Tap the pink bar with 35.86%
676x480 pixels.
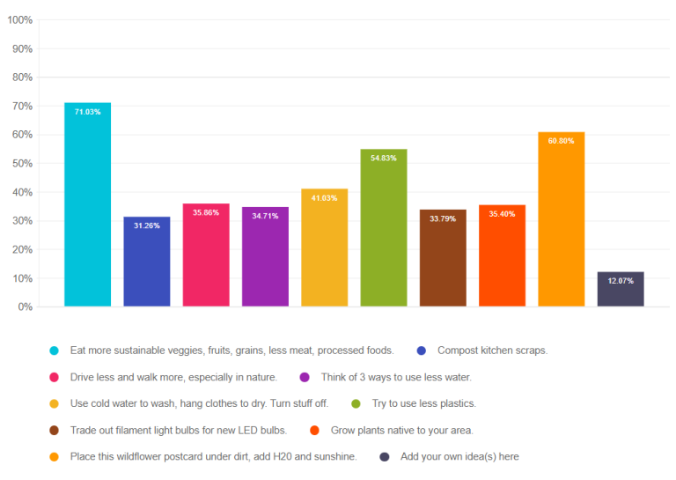point(206,255)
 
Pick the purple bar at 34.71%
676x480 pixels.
point(265,257)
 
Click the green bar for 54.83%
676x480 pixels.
point(384,228)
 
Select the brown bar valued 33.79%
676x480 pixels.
point(443,258)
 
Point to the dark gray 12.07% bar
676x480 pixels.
point(621,290)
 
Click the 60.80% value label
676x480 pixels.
point(561,141)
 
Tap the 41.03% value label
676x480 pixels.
point(324,198)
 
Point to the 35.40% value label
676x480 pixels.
point(502,214)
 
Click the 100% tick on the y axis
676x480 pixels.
point(19,19)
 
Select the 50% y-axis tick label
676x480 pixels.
point(22,164)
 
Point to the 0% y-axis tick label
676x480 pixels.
point(26,307)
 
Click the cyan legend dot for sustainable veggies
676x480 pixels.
point(55,351)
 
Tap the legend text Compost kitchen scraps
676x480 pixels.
point(492,351)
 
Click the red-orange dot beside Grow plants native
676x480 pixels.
point(315,431)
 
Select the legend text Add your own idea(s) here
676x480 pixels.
point(459,457)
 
